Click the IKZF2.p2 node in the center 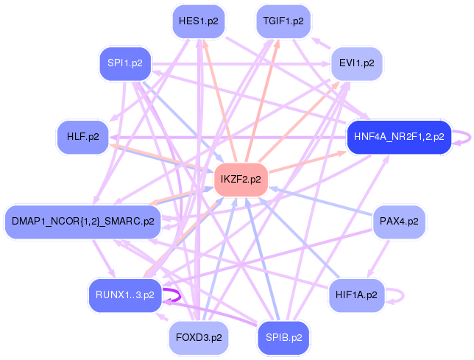click(x=241, y=180)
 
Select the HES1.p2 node click(x=199, y=21)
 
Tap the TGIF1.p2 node click(x=283, y=21)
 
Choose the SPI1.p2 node click(x=125, y=63)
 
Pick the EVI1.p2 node click(x=357, y=63)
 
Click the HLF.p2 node click(x=83, y=137)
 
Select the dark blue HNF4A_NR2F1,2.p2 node click(x=399, y=137)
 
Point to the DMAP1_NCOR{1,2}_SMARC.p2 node click(x=83, y=222)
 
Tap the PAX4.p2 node click(x=399, y=222)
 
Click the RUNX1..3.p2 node click(x=125, y=295)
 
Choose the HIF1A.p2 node click(x=357, y=295)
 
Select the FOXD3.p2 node click(x=199, y=338)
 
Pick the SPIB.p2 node click(x=283, y=338)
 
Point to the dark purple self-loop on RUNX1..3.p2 click(x=180, y=295)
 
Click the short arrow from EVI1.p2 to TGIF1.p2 click(x=322, y=43)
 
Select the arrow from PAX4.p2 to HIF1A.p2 click(x=378, y=258)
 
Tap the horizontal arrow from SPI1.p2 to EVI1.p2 click(x=241, y=64)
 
